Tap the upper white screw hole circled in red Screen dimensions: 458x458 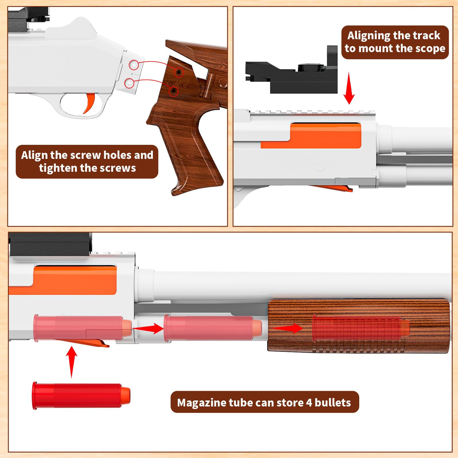point(133,65)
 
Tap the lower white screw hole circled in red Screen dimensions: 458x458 point(129,83)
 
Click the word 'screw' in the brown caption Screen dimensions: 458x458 point(85,155)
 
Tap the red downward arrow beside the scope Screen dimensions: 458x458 point(349,88)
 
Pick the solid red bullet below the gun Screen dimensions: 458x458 point(81,396)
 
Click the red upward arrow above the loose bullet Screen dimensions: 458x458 point(72,362)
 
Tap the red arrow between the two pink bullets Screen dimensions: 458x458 point(148,328)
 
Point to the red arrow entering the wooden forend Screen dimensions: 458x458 point(287,328)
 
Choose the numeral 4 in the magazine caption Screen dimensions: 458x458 point(309,403)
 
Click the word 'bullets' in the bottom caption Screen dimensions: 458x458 point(333,402)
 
